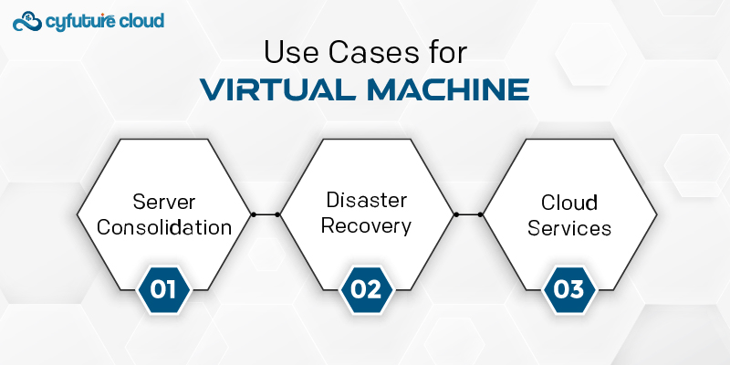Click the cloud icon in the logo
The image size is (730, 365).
27,21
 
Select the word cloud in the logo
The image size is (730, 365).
141,20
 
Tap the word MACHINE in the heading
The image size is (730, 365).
448,89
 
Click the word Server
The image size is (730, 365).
164,202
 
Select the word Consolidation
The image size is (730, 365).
164,227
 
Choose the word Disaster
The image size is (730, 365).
367,200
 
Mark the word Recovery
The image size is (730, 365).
367,226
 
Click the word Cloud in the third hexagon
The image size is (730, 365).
568,203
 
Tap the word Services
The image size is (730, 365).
568,228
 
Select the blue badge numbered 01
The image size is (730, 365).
164,289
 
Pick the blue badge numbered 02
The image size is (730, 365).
367,289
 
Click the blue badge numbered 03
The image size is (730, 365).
568,289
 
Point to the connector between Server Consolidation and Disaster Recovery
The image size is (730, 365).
266,214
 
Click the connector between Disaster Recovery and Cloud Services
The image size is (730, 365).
468,214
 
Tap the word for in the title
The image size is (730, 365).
446,53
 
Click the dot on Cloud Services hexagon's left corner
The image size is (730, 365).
480,214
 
